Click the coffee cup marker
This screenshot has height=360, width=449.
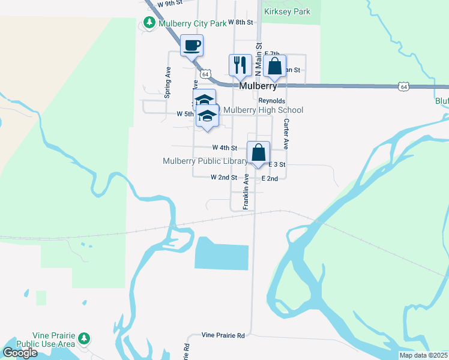pyautogui.click(x=191, y=46)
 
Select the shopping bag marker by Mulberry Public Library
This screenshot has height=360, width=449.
pyautogui.click(x=258, y=152)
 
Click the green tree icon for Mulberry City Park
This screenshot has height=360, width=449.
pyautogui.click(x=148, y=23)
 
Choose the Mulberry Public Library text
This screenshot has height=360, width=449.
pyautogui.click(x=205, y=161)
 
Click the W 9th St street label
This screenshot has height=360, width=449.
pyautogui.click(x=169, y=3)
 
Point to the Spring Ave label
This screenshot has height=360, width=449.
pyautogui.click(x=168, y=82)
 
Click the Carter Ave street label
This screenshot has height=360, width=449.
pyautogui.click(x=286, y=134)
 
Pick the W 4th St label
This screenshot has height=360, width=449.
pyautogui.click(x=224, y=147)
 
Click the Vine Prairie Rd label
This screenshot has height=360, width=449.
pyautogui.click(x=223, y=335)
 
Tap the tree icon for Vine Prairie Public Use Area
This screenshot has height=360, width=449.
pyautogui.click(x=85, y=340)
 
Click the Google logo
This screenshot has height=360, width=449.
pyautogui.click(x=20, y=353)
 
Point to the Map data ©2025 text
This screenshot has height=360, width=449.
pyautogui.click(x=423, y=355)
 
